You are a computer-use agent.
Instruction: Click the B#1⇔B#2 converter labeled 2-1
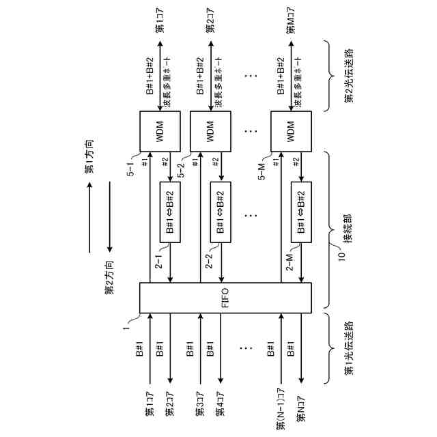click(170, 211)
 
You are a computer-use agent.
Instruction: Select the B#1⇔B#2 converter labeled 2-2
click(221, 211)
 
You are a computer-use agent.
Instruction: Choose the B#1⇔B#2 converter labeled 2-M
click(302, 211)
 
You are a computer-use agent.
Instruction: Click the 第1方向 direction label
click(89, 161)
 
